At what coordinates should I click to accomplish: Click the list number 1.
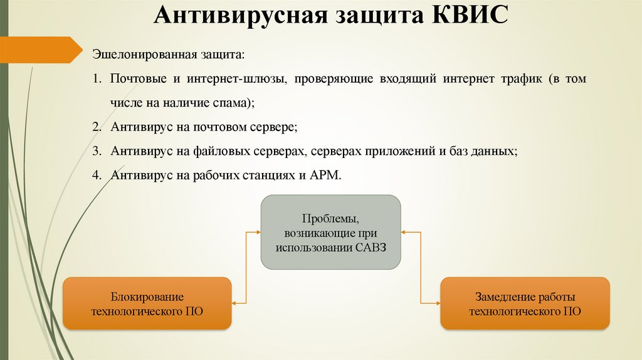coord(96,81)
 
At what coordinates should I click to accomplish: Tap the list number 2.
coord(96,127)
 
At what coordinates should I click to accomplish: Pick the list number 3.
coord(96,151)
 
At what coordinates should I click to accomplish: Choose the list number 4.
coord(96,176)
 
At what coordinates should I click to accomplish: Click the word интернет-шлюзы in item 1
coord(236,81)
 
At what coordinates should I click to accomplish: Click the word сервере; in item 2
coord(275,127)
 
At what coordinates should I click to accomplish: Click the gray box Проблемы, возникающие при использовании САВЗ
coord(331,232)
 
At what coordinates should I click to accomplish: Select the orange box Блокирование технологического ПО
coord(147,304)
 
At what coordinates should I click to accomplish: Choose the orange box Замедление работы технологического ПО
coord(525,304)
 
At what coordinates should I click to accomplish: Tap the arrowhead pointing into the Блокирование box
coord(234,304)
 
